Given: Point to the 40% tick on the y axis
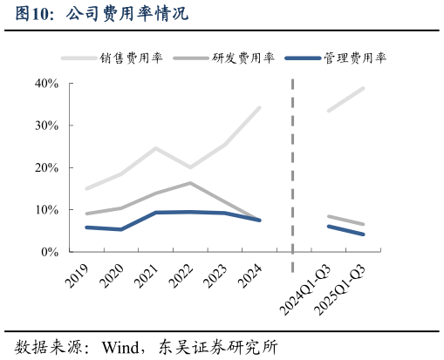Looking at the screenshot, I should [x=46, y=84].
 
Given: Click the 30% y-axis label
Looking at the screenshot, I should [x=46, y=126].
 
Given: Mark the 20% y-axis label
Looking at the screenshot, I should [x=46, y=167].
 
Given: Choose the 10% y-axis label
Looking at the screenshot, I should [x=46, y=210].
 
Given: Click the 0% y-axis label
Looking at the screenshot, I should [x=49, y=252].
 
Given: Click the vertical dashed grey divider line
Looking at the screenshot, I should [x=292, y=174].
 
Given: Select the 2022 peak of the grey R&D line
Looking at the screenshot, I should [x=190, y=183].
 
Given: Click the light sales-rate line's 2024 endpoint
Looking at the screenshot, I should [x=259, y=108].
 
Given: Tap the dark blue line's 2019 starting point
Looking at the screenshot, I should [x=85, y=228].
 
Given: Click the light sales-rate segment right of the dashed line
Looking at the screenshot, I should [x=345, y=99].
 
